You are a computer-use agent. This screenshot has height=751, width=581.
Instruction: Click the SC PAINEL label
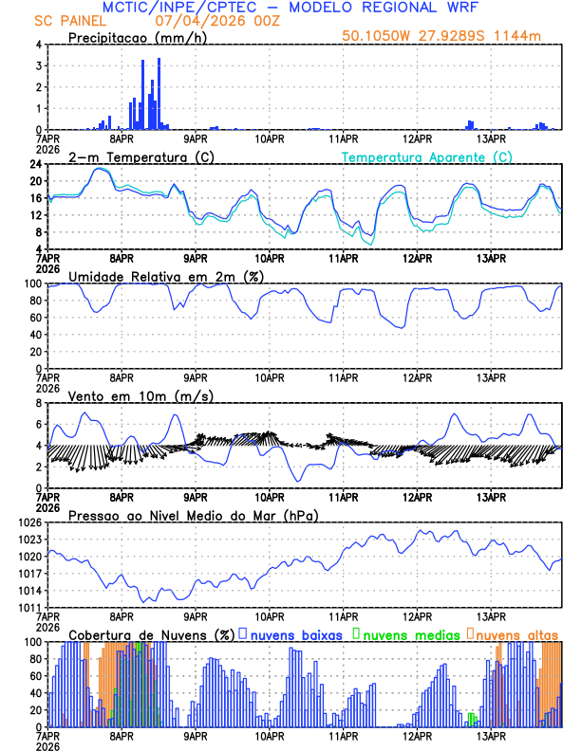69,21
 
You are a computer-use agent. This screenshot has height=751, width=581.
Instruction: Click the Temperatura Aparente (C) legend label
427,156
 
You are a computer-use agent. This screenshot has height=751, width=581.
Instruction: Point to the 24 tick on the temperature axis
35,164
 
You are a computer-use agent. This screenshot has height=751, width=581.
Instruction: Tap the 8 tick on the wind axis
38,403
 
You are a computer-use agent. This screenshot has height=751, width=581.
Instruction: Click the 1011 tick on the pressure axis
29,608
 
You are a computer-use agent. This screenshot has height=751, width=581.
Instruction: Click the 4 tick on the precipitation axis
38,45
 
